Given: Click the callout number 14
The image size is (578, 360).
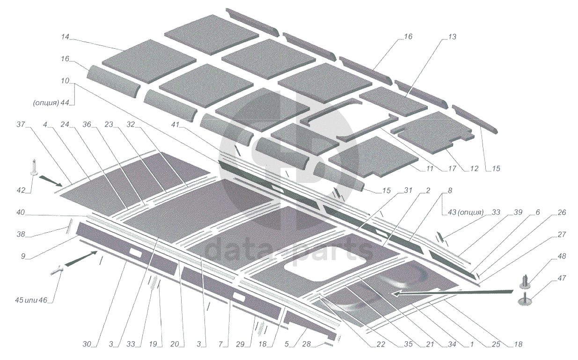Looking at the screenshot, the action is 65,37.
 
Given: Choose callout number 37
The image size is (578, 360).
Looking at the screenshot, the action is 21,125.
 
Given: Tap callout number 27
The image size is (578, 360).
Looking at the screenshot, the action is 562,235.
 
